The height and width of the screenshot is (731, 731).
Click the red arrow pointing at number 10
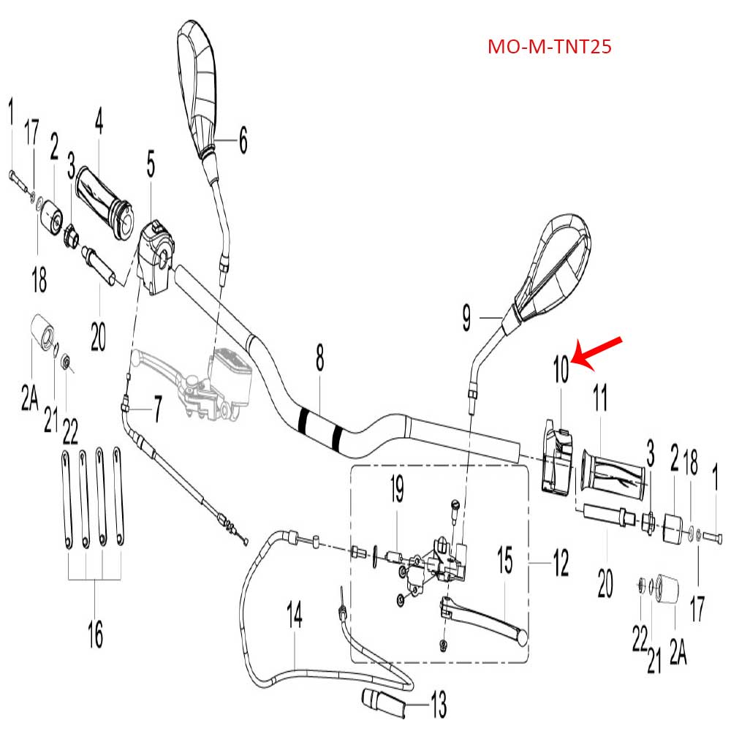[x=597, y=351]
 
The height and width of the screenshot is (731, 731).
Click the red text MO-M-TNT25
[x=549, y=48]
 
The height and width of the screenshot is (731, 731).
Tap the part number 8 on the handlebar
[x=319, y=360]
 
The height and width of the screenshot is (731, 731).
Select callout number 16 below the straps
[x=95, y=633]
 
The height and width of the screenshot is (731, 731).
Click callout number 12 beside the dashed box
[x=560, y=563]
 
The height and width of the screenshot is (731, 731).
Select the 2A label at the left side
[x=29, y=398]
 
